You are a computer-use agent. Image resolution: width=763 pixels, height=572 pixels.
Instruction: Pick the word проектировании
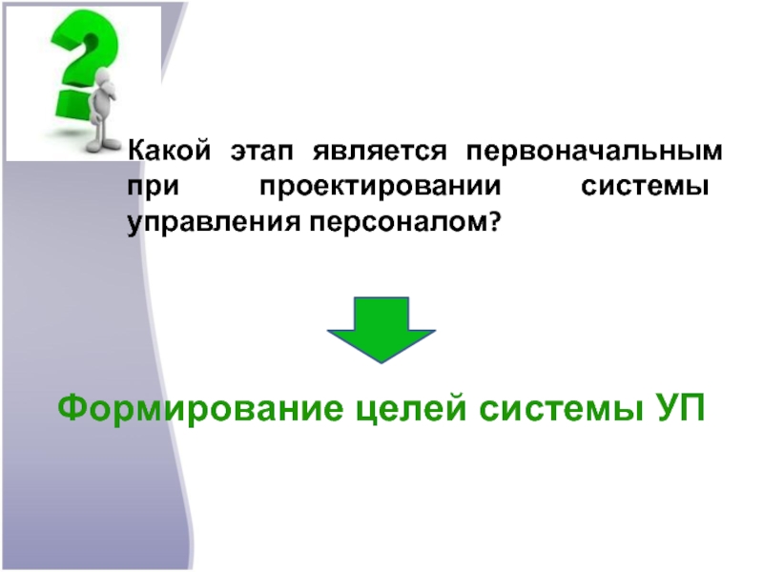click(379, 188)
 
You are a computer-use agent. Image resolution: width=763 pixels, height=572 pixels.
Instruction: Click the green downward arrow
click(381, 329)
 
